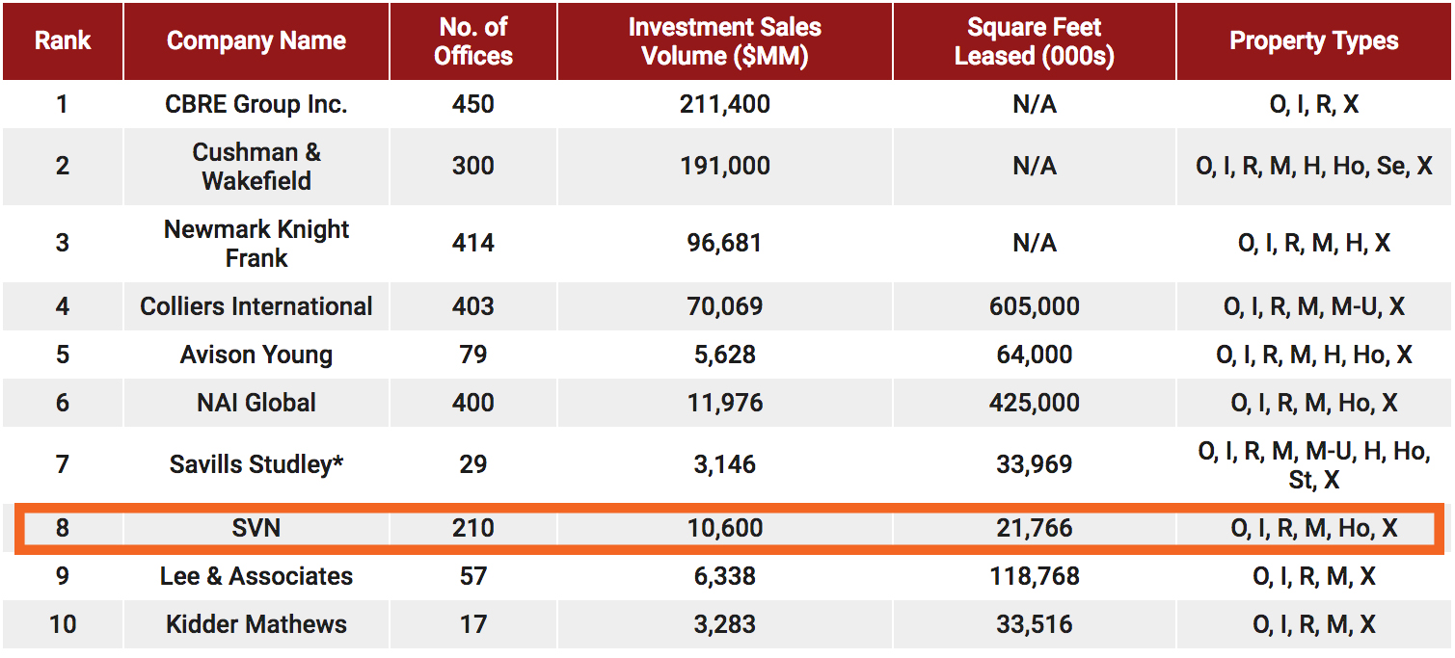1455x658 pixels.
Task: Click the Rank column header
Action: pyautogui.click(x=63, y=40)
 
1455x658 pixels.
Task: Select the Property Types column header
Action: pyautogui.click(x=1313, y=40)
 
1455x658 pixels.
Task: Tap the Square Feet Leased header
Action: pyautogui.click(x=1034, y=41)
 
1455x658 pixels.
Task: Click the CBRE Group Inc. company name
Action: pyautogui.click(x=256, y=104)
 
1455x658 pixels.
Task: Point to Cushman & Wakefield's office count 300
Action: pyautogui.click(x=472, y=166)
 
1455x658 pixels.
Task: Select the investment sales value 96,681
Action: pyautogui.click(x=724, y=243)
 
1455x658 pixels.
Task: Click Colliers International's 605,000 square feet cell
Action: pyautogui.click(x=1034, y=306)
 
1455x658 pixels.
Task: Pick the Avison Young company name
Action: pyautogui.click(x=256, y=355)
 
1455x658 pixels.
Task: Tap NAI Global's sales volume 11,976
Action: pyautogui.click(x=724, y=403)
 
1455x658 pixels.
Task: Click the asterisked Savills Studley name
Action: pyautogui.click(x=256, y=464)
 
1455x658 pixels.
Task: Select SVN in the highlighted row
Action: pyautogui.click(x=256, y=528)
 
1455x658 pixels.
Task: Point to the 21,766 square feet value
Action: pyautogui.click(x=1034, y=528)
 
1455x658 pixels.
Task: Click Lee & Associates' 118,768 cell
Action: pyautogui.click(x=1034, y=576)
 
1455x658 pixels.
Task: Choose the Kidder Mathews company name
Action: pyautogui.click(x=256, y=624)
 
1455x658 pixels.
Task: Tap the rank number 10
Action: pyautogui.click(x=63, y=624)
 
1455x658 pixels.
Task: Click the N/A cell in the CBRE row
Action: pyautogui.click(x=1034, y=104)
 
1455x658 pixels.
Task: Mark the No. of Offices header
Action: pyautogui.click(x=472, y=41)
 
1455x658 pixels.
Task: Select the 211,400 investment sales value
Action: pyautogui.click(x=724, y=104)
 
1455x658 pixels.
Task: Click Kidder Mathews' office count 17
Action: pyautogui.click(x=472, y=624)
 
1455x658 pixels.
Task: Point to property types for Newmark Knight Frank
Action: pyautogui.click(x=1313, y=243)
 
